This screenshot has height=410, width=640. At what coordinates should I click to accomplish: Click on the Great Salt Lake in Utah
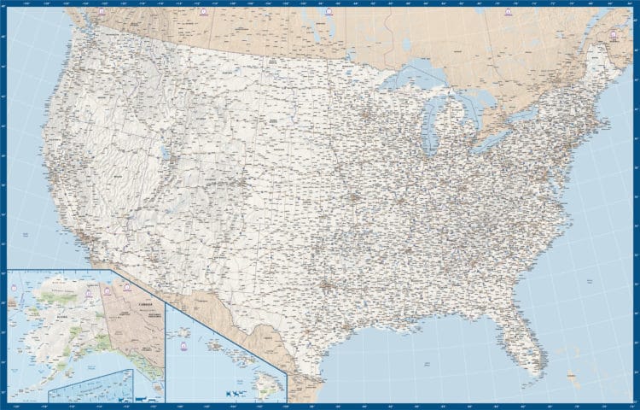point(161,155)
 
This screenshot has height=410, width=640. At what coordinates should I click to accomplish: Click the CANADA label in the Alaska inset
point(145,302)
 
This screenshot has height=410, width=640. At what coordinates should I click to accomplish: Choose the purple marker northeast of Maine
point(614,35)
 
